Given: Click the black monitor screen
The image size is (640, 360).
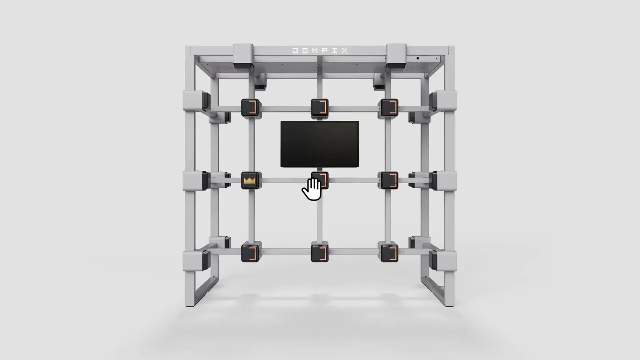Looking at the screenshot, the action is (320, 144).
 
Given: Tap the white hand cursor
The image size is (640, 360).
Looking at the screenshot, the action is (312, 189).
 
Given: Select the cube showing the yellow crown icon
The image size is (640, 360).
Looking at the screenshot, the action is (250, 180).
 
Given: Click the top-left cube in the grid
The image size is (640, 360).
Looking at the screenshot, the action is (250, 107).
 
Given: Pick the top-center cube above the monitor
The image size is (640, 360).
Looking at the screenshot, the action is (320, 107).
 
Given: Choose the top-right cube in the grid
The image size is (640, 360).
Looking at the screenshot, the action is (389, 107).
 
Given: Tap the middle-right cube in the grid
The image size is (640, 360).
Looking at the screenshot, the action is (389, 180).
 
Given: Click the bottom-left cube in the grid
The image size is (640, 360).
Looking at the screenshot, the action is (250, 253).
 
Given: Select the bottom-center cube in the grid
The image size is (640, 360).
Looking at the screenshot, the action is (320, 253).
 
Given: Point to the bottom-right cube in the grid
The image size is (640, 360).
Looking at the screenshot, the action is (389, 253).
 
